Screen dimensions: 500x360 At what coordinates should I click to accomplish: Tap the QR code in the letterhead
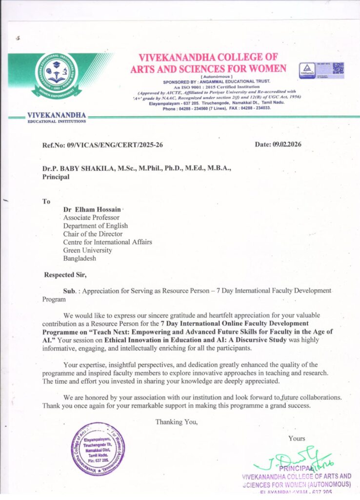338,68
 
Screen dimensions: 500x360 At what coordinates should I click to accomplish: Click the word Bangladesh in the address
80,258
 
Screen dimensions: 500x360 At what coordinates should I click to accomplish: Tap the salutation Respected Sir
65,274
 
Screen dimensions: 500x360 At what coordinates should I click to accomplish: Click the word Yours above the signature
297,438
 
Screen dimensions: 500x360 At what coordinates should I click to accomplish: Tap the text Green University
87,250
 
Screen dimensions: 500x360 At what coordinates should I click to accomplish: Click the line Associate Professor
91,218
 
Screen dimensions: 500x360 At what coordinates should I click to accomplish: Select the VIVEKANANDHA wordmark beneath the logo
57,115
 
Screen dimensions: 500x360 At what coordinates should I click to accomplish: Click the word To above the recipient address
47,201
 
